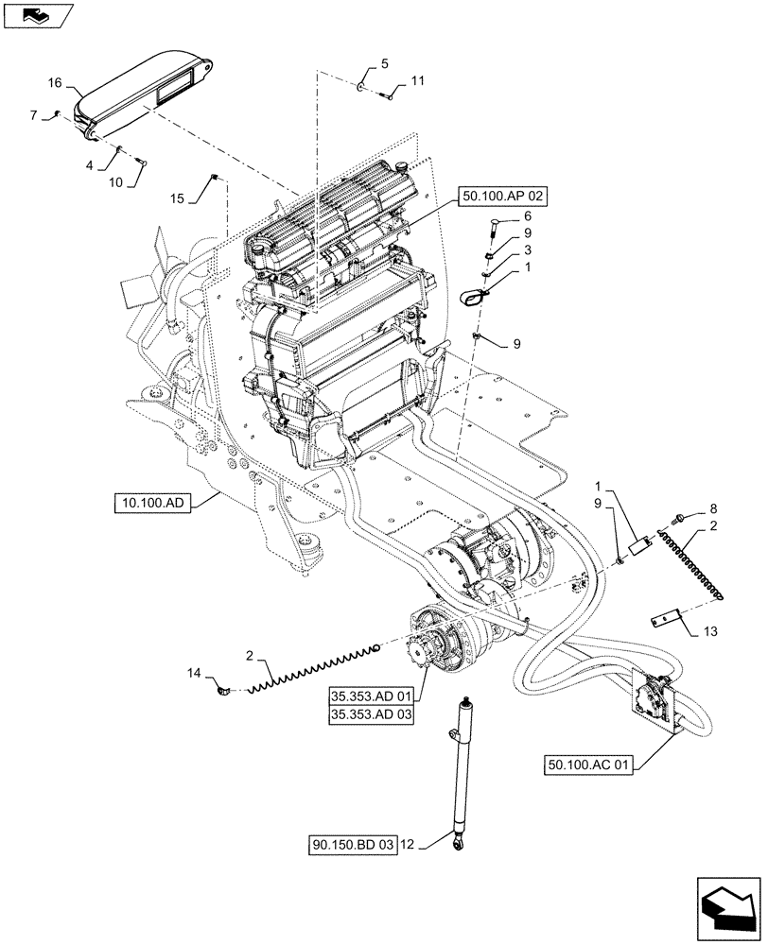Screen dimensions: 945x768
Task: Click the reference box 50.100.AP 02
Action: (504, 197)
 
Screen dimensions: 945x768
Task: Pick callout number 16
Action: (56, 83)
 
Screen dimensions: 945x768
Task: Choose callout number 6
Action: (527, 215)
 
